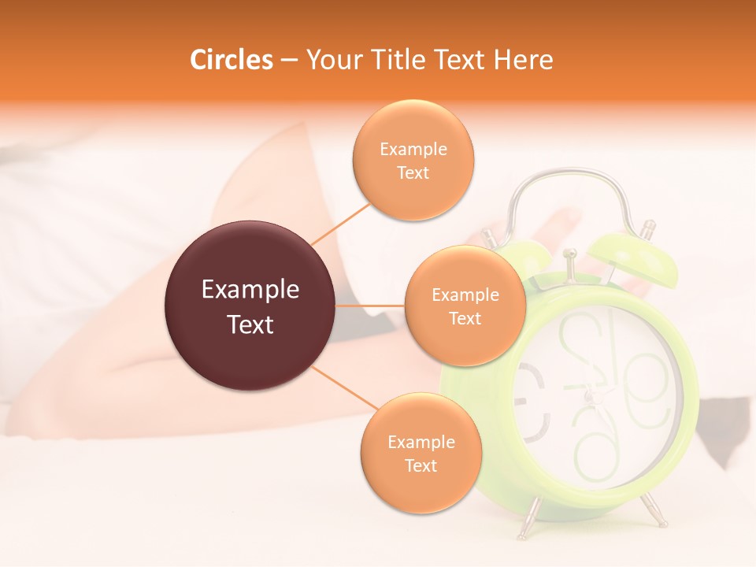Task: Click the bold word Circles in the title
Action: pyautogui.click(x=231, y=60)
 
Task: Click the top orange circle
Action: pyautogui.click(x=413, y=160)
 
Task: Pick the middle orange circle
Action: pyautogui.click(x=465, y=306)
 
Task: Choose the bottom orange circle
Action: pyautogui.click(x=421, y=453)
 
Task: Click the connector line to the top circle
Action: pyautogui.click(x=340, y=224)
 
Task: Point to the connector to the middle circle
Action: pyautogui.click(x=370, y=306)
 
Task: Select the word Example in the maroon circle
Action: pyautogui.click(x=250, y=290)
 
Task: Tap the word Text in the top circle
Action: pyautogui.click(x=413, y=172)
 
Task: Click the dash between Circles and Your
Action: pyautogui.click(x=289, y=61)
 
